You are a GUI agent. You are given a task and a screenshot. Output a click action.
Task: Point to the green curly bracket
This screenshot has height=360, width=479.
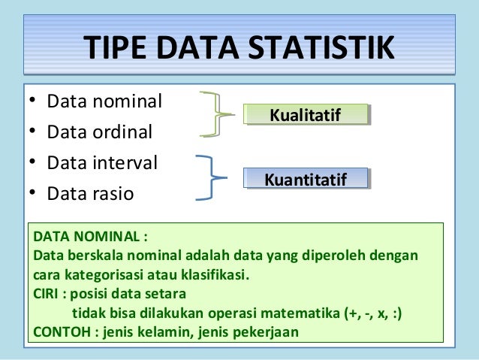coord(215,115)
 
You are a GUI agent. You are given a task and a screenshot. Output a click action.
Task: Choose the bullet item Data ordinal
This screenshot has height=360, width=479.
coord(99,132)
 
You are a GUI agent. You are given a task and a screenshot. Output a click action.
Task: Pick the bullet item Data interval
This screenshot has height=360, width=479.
coord(101,162)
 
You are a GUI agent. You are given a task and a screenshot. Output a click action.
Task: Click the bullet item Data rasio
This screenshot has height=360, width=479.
coord(90,194)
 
